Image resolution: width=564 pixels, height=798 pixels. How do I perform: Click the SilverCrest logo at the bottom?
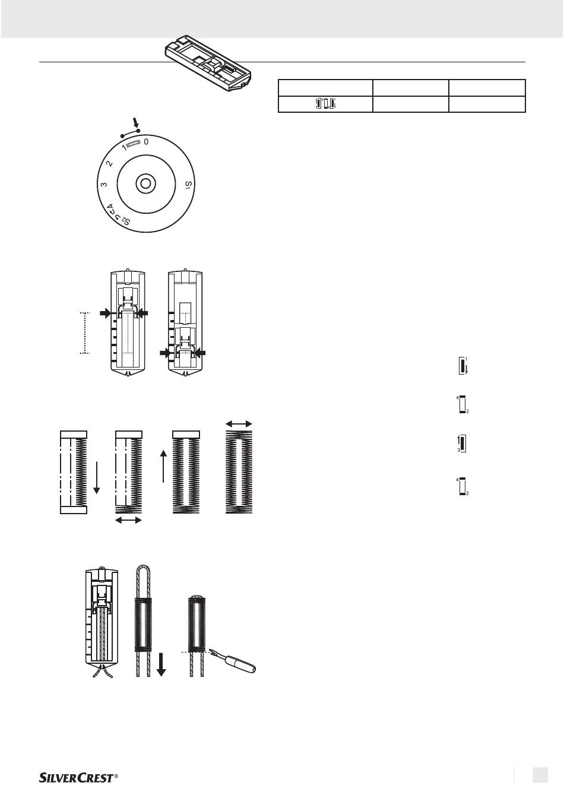pos(78,778)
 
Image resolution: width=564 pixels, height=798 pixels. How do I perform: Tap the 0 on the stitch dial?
pos(146,142)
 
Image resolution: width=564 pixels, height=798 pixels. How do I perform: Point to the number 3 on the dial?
pos(104,185)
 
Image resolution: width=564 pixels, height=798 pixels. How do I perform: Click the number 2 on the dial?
pos(110,163)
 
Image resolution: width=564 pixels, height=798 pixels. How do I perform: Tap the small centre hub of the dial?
pos(145,184)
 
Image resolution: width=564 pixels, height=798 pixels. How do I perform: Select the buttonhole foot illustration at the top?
pos(208,65)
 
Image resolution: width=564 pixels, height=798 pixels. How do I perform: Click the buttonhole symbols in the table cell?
pos(326,104)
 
